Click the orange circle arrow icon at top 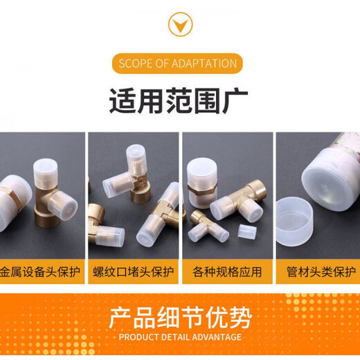180,25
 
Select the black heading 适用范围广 179,101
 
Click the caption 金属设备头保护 41,271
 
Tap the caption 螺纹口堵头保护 134,271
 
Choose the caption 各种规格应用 226,271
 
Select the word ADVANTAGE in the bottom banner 214,337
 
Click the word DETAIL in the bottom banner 174,337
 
